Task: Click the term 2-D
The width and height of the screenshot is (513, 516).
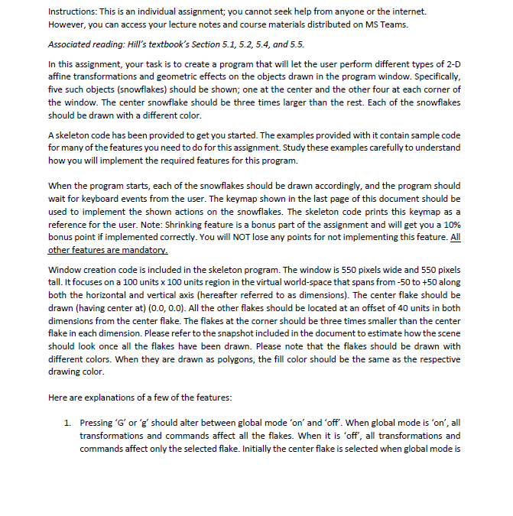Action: click(x=453, y=67)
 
